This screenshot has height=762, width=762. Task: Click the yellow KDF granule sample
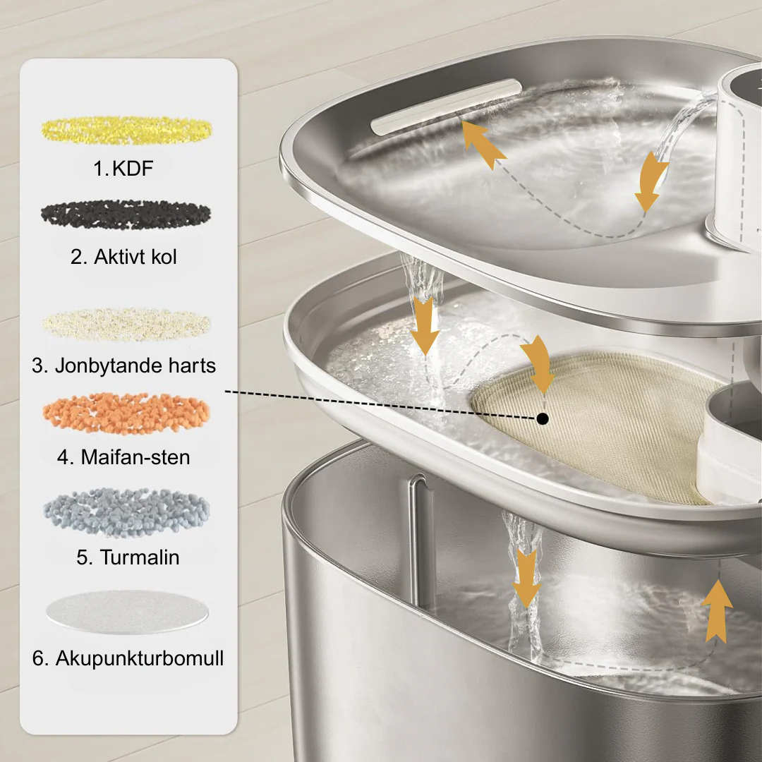tap(126, 131)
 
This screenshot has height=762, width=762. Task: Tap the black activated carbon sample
tap(126, 214)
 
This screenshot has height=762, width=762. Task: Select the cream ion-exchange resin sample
tap(126, 324)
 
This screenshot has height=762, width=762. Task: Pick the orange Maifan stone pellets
tap(126, 413)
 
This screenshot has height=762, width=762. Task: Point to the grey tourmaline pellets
tap(127, 513)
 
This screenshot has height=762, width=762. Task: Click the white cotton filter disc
tap(127, 612)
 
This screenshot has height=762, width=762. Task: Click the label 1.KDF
tap(123, 169)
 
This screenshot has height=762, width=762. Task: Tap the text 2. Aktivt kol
tap(123, 257)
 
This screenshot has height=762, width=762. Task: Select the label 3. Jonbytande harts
tap(124, 365)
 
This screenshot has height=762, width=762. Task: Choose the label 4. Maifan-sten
tap(123, 457)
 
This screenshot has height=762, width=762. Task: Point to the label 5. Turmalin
tap(128, 557)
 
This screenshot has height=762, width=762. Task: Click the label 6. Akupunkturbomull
tap(128, 658)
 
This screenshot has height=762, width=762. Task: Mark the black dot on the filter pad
tap(543, 418)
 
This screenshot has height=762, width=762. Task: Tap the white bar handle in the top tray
tap(446, 107)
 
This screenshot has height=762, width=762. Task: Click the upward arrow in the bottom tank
tap(717, 611)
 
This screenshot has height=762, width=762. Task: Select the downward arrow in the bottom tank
tap(526, 579)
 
